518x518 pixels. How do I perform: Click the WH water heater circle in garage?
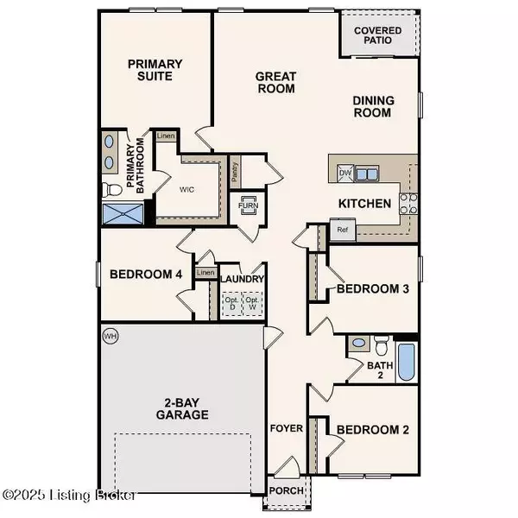[x=110, y=334]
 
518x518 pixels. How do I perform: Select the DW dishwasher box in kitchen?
[x=345, y=174]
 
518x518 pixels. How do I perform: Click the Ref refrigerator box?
[x=342, y=231]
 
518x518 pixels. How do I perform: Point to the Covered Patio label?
[x=379, y=35]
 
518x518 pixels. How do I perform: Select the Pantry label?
[x=235, y=172]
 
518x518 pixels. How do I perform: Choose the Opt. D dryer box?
[x=231, y=303]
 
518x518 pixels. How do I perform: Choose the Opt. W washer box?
[x=253, y=303]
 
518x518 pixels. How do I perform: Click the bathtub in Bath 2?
[x=406, y=363]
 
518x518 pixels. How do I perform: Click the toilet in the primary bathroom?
[x=110, y=189]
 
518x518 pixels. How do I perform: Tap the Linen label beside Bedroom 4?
[x=205, y=273]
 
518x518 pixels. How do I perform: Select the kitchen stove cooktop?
[x=408, y=204]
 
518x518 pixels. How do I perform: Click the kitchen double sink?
[x=368, y=174]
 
